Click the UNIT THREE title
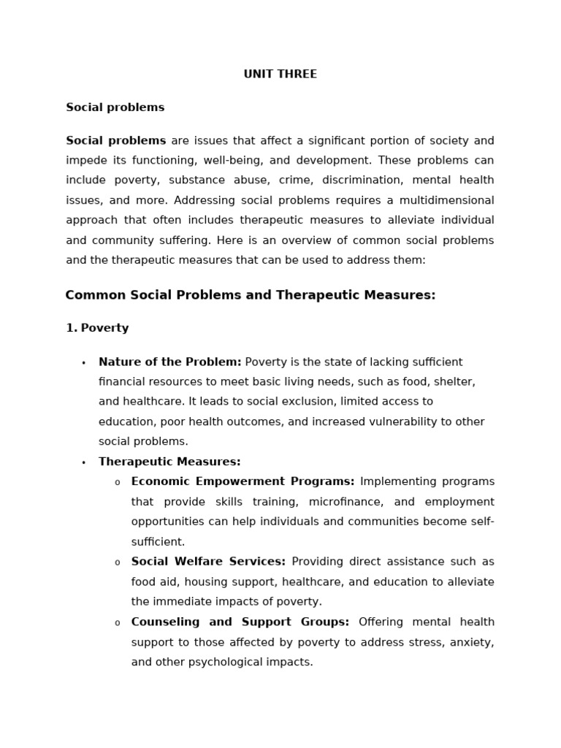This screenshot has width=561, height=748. click(280, 74)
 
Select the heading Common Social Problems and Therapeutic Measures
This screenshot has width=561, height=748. click(250, 295)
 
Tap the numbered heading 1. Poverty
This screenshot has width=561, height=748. click(97, 328)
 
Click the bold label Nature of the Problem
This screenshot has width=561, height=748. click(169, 362)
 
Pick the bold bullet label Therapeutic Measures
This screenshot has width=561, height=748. click(169, 462)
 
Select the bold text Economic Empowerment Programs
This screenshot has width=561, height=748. click(243, 481)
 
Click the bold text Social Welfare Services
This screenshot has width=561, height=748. click(208, 562)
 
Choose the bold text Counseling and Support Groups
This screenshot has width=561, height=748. click(240, 622)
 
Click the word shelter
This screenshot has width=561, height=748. click(454, 381)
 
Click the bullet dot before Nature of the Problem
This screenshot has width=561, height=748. click(83, 363)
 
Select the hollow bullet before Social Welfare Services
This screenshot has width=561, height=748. click(117, 562)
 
